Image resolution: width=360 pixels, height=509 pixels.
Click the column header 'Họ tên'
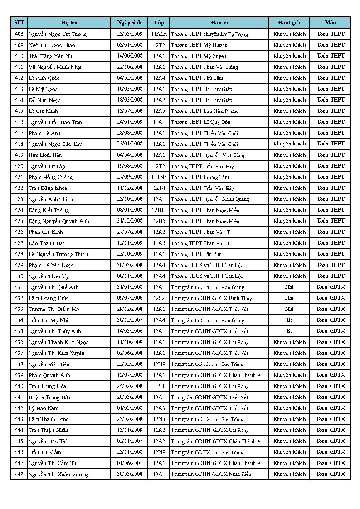click(x=69, y=23)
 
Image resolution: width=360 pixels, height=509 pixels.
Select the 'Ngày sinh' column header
click(x=129, y=23)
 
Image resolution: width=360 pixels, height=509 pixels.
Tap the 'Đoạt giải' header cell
click(x=289, y=23)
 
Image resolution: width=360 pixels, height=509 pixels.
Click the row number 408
click(x=19, y=34)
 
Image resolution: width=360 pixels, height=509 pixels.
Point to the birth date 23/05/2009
click(x=130, y=34)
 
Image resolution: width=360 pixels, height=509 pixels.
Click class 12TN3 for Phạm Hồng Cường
click(x=159, y=177)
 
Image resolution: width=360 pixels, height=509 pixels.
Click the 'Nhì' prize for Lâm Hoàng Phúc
click(x=289, y=298)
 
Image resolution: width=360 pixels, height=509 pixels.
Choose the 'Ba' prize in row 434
click(x=289, y=320)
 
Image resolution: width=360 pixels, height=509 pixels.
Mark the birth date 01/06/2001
click(x=130, y=463)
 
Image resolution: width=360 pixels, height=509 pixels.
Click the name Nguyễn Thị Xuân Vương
click(x=58, y=475)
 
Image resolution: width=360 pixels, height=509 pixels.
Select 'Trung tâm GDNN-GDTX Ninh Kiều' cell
click(x=211, y=475)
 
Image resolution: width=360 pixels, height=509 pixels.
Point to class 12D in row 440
click(x=159, y=386)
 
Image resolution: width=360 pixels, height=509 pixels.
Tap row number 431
click(x=19, y=287)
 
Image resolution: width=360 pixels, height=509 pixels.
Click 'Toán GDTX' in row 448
click(x=331, y=474)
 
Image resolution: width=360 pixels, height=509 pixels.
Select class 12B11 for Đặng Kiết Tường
click(x=159, y=210)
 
